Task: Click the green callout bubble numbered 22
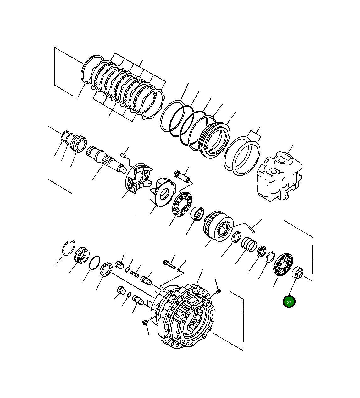[x=289, y=302]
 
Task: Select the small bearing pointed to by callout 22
[x=297, y=273]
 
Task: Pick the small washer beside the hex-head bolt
[x=179, y=270]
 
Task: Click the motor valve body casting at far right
[x=279, y=176]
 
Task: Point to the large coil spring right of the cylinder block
[x=249, y=244]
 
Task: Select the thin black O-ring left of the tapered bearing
[x=95, y=263]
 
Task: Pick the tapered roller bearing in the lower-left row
[x=107, y=270]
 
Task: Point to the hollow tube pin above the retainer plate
[x=182, y=176]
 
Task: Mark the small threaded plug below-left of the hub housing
[x=145, y=323]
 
